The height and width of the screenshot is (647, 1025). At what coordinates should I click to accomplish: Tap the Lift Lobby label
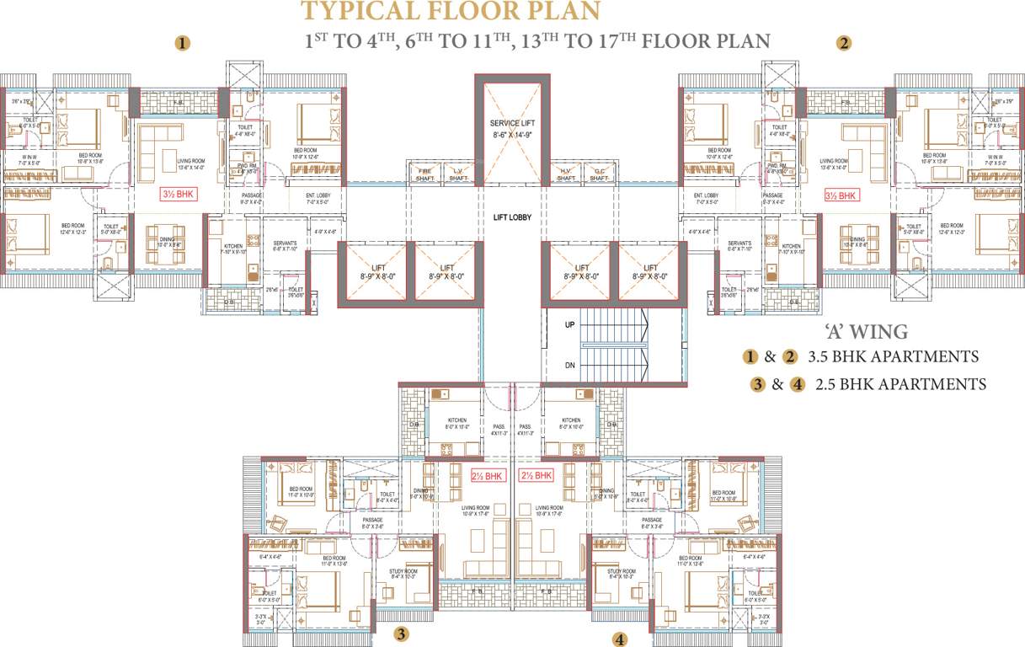click(x=511, y=217)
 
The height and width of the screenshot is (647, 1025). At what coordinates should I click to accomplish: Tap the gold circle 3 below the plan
click(x=403, y=634)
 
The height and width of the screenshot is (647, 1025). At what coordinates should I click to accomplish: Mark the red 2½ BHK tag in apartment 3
click(x=487, y=476)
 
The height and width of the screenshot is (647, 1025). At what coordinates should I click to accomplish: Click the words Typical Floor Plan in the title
click(x=452, y=12)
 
